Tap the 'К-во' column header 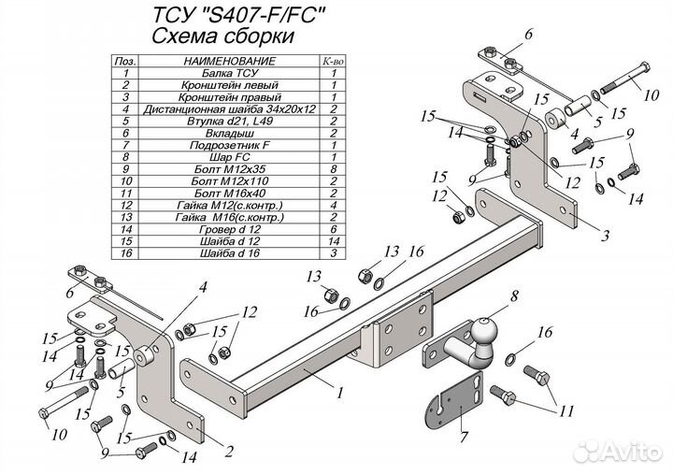(331, 60)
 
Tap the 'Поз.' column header (124, 60)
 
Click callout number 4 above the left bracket (202, 288)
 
